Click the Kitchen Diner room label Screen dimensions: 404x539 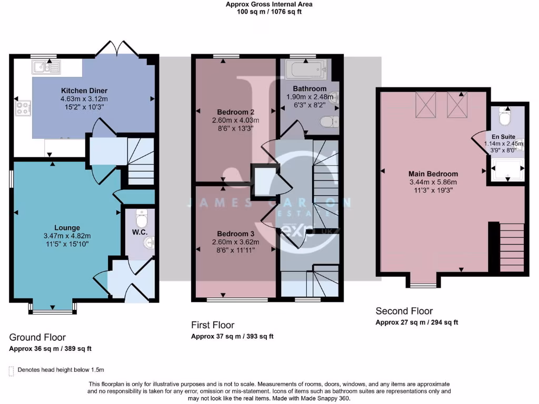click(84, 90)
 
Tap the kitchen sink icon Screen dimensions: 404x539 click(46, 66)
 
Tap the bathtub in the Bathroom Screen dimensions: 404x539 click(306, 68)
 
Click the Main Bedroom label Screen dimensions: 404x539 click(433, 174)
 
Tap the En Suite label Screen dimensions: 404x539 click(497, 136)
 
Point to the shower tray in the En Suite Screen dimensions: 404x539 click(507, 169)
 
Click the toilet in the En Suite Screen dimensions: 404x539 click(506, 118)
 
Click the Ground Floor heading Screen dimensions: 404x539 click(37, 337)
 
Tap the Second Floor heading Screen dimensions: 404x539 click(404, 311)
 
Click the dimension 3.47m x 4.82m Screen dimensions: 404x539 click(67, 236)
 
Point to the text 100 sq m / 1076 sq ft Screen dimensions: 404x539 click(269, 12)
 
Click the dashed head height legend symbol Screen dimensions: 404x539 click(11, 371)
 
